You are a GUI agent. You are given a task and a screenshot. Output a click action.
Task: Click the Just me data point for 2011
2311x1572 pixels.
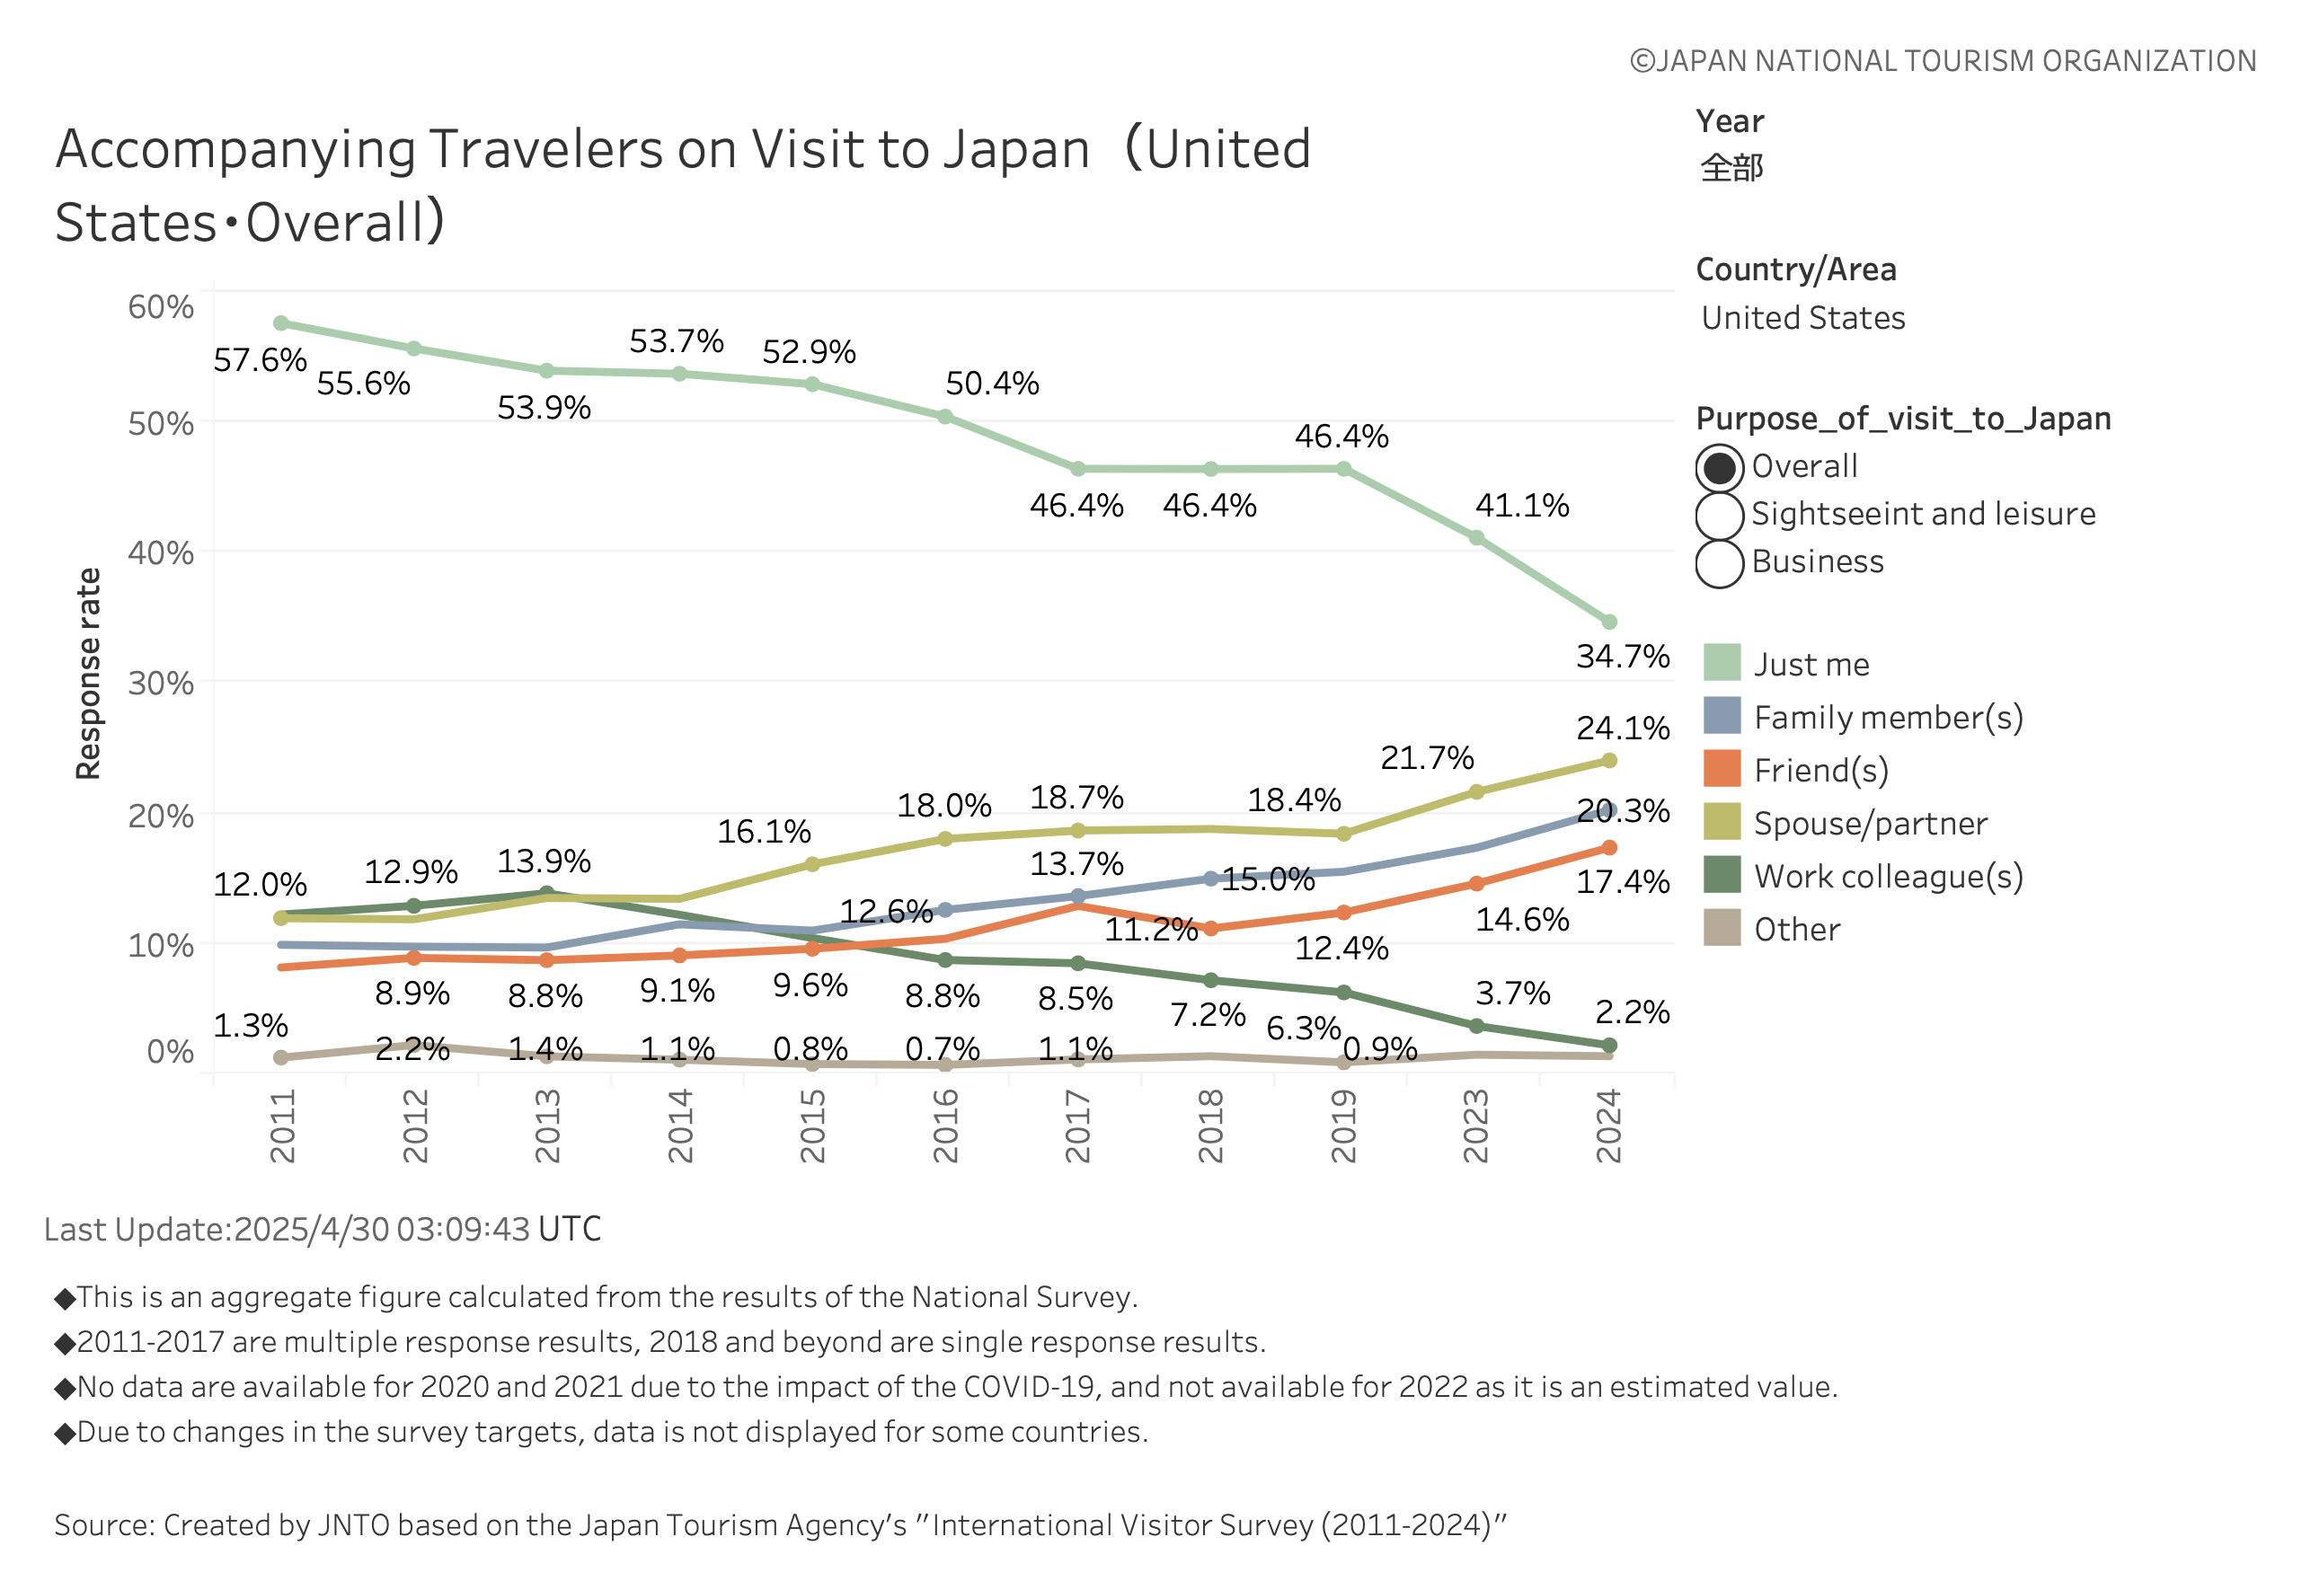(280, 323)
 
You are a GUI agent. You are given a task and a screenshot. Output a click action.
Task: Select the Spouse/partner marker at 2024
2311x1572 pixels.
(1608, 761)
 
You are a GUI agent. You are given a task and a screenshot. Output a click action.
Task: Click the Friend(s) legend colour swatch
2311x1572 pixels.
(1721, 769)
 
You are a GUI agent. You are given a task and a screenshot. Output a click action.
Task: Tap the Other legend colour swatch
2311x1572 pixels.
(1721, 928)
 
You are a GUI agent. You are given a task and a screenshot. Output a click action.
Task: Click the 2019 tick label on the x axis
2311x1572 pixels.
(1342, 1125)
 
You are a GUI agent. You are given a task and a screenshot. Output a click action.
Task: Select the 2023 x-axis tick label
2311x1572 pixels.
(1474, 1125)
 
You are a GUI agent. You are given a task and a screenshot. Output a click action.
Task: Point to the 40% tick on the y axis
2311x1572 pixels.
(161, 552)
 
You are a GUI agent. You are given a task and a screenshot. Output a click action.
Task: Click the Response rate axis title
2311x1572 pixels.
(88, 673)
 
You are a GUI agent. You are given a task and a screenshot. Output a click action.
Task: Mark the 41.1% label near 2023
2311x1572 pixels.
(1520, 505)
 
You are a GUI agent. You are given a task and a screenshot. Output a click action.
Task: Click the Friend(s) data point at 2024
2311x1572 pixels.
(1608, 847)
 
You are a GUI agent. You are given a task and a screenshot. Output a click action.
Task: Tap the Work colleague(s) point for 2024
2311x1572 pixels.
(1608, 1045)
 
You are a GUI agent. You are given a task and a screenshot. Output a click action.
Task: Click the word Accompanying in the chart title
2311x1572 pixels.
(235, 149)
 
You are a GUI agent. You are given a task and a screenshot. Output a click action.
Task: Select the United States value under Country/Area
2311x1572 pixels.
(1802, 318)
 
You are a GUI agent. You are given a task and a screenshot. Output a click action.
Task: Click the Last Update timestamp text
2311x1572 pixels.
(323, 1229)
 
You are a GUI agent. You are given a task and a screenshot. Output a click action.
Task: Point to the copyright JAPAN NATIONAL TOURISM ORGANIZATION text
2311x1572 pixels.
(1941, 61)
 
